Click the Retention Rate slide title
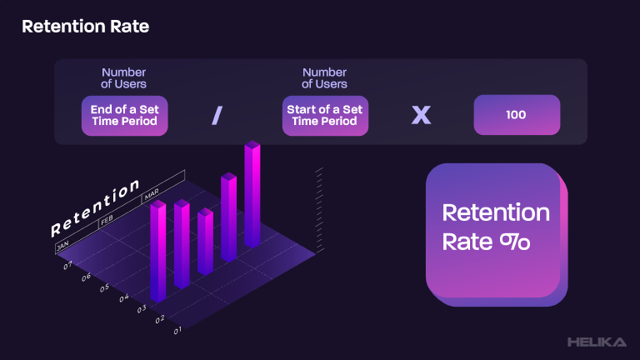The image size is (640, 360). point(85,27)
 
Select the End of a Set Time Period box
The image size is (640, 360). point(124,116)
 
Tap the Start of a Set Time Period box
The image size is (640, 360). point(325,116)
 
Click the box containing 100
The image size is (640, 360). point(517,115)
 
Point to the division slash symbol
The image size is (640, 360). point(217,116)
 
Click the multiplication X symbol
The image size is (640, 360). point(421,115)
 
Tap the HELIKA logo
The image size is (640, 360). point(597,342)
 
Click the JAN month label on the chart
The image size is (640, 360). point(62,246)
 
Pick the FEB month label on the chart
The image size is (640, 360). point(107,220)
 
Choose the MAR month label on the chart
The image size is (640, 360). point(152,194)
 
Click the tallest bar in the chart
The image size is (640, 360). point(252,194)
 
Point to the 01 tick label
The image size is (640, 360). point(177,331)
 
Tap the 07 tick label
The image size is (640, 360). point(67,265)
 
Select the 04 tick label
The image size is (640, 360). point(124,298)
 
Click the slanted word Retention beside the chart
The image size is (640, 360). point(95,207)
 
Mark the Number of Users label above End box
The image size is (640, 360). point(123,78)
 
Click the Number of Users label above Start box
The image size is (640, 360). point(324,78)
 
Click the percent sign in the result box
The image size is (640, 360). point(515,242)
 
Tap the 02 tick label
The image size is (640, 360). point(160,319)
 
